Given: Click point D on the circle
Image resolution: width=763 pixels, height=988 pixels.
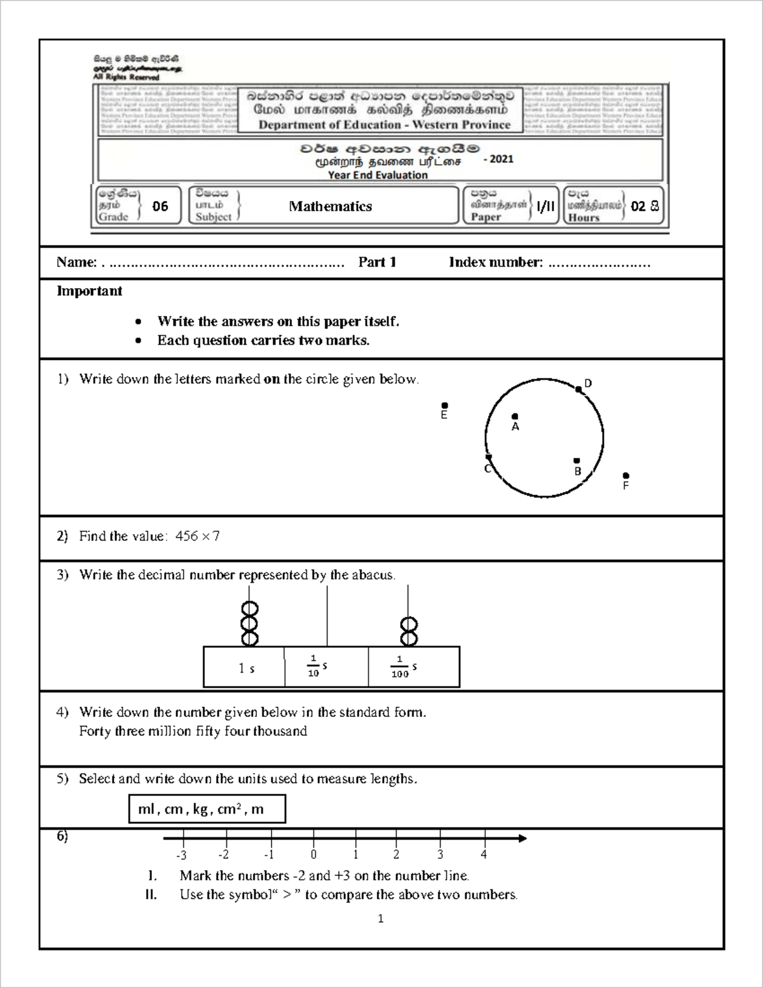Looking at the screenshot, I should [579, 389].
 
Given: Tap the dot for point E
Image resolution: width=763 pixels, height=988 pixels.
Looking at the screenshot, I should [444, 405].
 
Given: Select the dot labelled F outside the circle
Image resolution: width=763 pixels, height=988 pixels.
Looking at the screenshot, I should [626, 475].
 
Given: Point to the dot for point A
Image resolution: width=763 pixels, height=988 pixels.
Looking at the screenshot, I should [515, 417].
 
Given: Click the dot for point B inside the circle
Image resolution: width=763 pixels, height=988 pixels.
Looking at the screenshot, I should [577, 461].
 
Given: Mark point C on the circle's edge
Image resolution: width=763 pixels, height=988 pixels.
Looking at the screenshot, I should [488, 457].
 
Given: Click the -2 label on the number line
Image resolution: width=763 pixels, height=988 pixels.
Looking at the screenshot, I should [223, 855].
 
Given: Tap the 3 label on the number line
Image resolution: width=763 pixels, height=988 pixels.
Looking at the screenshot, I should [440, 855].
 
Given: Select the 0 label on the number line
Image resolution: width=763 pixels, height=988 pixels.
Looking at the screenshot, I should [313, 855].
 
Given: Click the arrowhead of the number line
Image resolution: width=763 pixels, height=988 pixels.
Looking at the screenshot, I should [523, 838].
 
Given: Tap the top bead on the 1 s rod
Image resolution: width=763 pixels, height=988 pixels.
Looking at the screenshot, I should [249, 609].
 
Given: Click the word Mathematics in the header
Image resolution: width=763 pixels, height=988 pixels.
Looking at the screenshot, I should [330, 206].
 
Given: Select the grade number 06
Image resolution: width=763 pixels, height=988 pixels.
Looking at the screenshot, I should [160, 206].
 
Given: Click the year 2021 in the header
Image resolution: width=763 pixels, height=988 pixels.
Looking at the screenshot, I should [499, 159].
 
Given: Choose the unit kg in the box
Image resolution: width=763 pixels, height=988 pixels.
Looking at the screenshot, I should [200, 809].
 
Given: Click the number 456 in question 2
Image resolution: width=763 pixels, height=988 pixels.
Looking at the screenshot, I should [187, 536].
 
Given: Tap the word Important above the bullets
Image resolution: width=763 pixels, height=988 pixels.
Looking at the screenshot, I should [90, 291].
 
